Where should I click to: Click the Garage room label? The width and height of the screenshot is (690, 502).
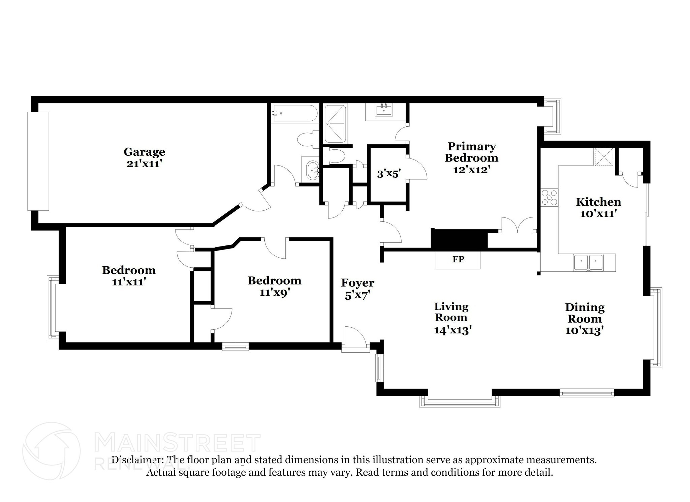click(144, 152)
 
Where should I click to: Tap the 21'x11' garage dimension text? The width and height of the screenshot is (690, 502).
click(144, 164)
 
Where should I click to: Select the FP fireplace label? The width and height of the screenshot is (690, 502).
click(458, 259)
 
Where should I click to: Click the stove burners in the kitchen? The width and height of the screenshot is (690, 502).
click(549, 198)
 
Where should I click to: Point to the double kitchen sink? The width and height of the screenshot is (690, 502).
click(588, 263)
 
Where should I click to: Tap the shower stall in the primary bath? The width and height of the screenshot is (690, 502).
click(335, 124)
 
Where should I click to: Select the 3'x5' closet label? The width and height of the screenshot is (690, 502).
click(388, 174)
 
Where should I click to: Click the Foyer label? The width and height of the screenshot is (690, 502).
click(357, 283)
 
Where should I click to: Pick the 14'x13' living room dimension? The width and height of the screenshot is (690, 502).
click(452, 330)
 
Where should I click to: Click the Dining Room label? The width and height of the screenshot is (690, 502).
click(585, 313)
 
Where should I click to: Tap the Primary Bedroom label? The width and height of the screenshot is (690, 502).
click(471, 152)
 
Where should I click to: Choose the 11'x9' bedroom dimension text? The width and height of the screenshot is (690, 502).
click(275, 293)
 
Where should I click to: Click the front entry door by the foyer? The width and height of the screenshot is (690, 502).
click(355, 339)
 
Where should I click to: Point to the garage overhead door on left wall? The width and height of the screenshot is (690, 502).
click(38, 161)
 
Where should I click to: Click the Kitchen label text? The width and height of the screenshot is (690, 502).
click(598, 202)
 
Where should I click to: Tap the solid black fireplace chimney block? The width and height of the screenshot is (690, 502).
click(459, 239)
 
